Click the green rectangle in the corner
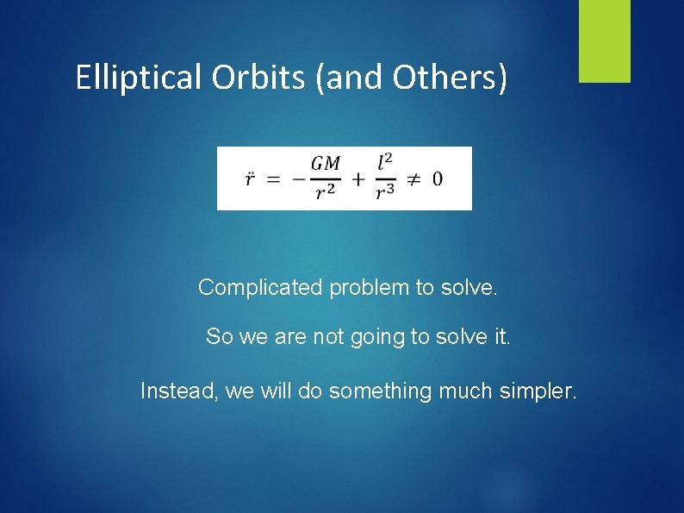(604, 41)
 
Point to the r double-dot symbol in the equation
(249, 179)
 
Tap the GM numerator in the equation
(326, 163)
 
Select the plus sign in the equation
(357, 179)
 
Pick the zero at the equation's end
(438, 179)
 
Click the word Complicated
(260, 288)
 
